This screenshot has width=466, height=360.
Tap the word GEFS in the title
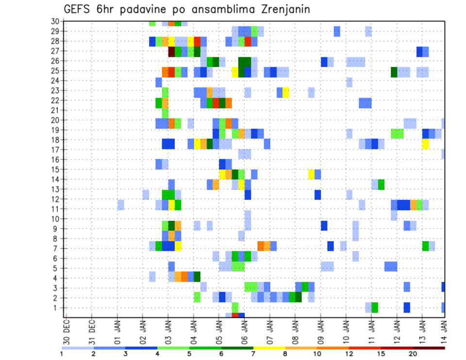click(x=79, y=10)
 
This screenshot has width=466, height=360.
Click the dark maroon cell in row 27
click(x=171, y=51)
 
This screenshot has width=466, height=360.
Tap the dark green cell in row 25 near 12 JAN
click(x=394, y=71)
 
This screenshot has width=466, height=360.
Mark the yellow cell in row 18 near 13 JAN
click(x=426, y=144)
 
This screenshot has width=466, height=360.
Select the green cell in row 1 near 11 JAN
click(x=375, y=308)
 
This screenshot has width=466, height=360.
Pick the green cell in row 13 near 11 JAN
click(x=381, y=184)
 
